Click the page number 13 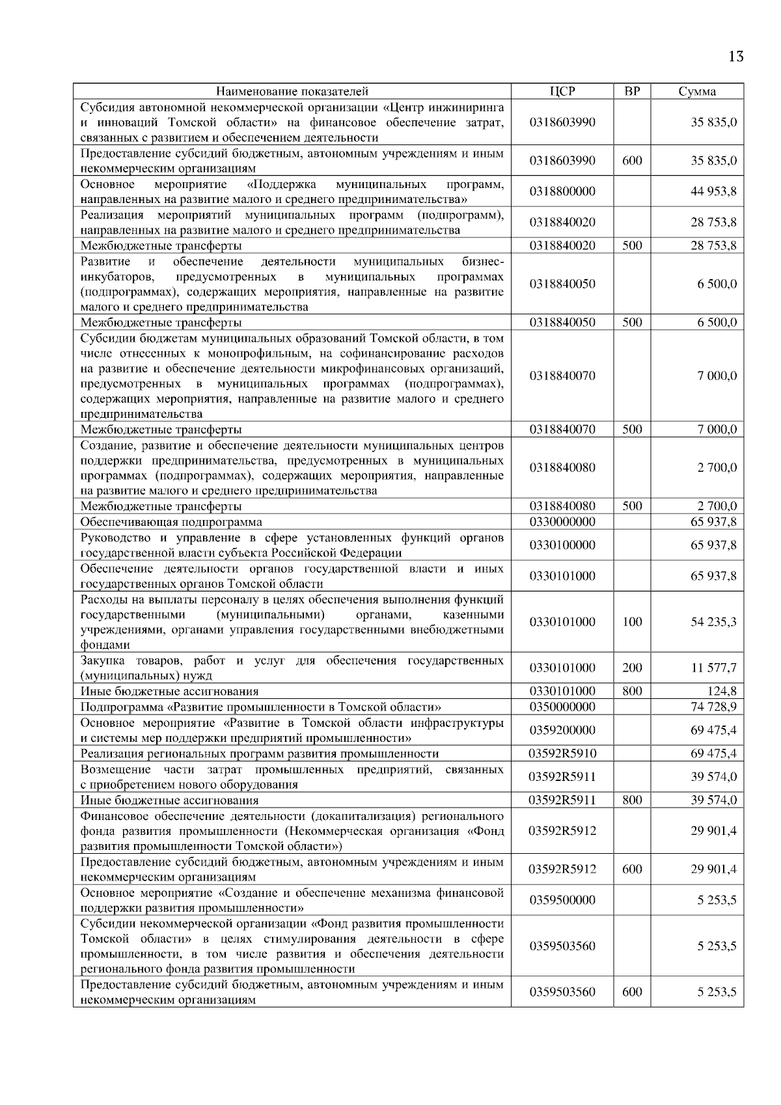click(x=735, y=57)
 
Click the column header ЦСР click(x=562, y=91)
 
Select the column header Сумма click(x=697, y=91)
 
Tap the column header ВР click(x=632, y=91)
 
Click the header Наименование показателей click(x=292, y=91)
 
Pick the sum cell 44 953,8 click(x=713, y=191)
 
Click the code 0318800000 click(x=562, y=191)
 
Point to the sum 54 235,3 click(x=713, y=622)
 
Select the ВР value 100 click(x=632, y=622)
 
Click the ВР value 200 click(x=632, y=668)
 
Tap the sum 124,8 click(x=722, y=691)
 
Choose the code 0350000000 click(x=562, y=707)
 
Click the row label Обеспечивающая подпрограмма click(x=171, y=522)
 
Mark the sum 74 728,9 click(x=713, y=707)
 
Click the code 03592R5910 click(x=562, y=754)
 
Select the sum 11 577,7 click(x=713, y=668)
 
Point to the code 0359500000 click(x=562, y=900)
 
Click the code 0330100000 click(x=562, y=545)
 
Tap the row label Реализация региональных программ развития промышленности click(x=259, y=754)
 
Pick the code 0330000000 click(x=562, y=522)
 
